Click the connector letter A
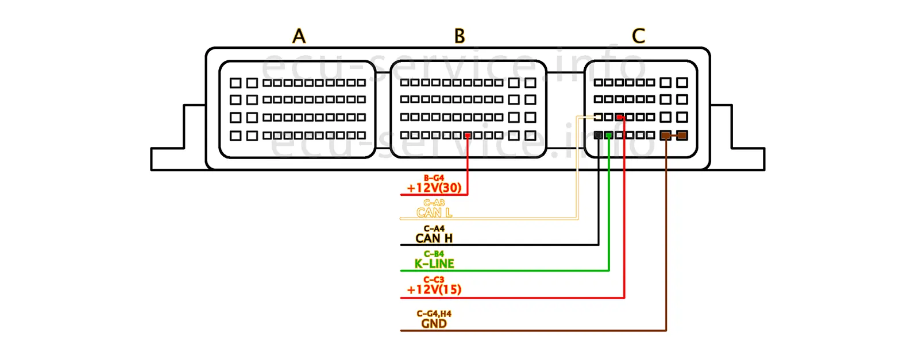(x=299, y=36)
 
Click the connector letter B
(x=460, y=36)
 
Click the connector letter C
(x=638, y=36)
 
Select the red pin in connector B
(x=468, y=136)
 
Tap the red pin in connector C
(x=620, y=117)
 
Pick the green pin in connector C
(x=609, y=136)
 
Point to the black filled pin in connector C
(x=599, y=136)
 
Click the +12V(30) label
(x=434, y=188)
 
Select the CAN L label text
(x=434, y=212)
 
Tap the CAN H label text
(x=434, y=238)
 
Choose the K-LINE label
(x=434, y=264)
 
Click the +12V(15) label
(x=434, y=289)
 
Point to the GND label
(x=434, y=323)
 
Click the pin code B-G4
(x=434, y=178)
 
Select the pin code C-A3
(x=434, y=203)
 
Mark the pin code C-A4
(x=434, y=229)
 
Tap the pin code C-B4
(x=434, y=254)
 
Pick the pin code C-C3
(x=434, y=280)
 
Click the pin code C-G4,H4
(x=434, y=313)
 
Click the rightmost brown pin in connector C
(x=682, y=136)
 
